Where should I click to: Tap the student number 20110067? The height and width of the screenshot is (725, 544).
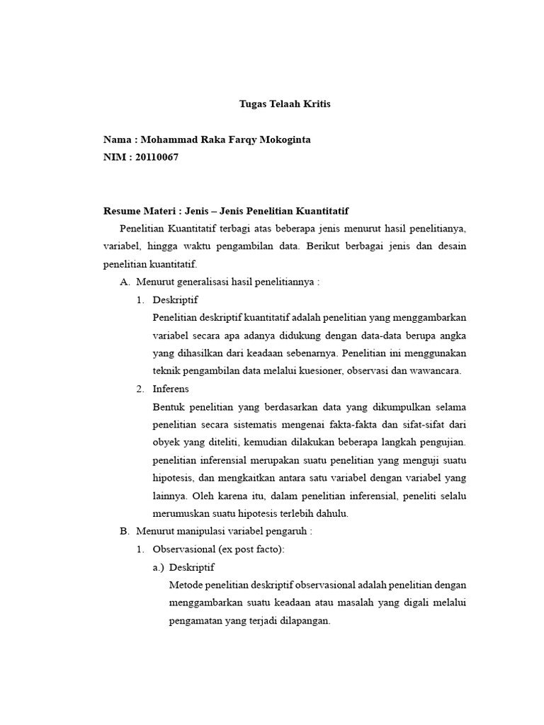coord(157,157)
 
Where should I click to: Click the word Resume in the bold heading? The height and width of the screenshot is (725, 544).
coord(121,211)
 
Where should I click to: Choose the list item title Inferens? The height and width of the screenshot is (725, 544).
coord(171,389)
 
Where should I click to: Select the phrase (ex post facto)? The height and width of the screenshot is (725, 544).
coord(247,549)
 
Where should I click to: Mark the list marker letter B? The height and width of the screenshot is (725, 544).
coord(125,531)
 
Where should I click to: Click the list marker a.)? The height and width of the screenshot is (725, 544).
coord(159,567)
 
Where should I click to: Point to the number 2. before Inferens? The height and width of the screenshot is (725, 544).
coord(140,389)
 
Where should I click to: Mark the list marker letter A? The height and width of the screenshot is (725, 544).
coord(125,282)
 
